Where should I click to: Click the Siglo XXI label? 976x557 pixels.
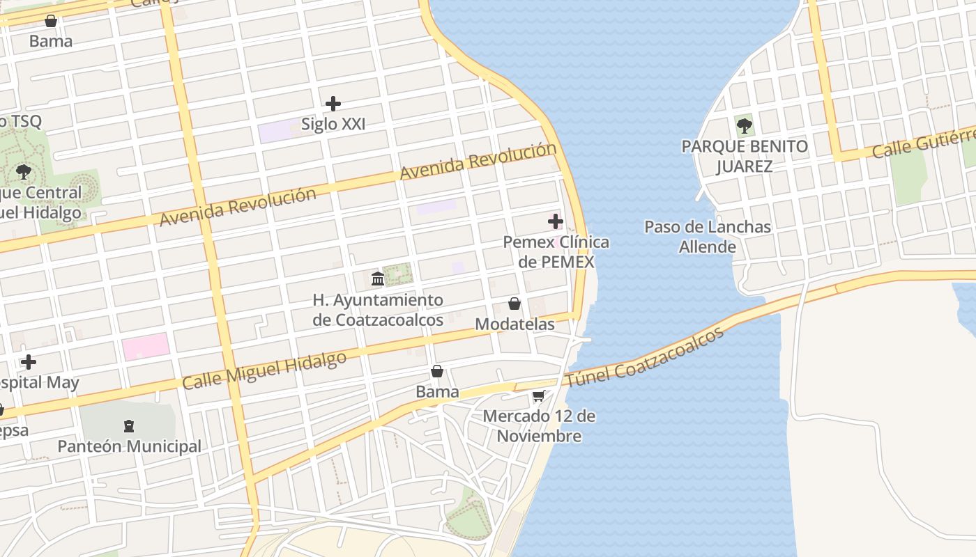point(333,124)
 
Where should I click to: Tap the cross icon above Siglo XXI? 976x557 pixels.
point(333,104)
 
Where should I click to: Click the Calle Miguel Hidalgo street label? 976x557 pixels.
point(264,371)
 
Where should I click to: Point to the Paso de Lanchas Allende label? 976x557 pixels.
point(708,237)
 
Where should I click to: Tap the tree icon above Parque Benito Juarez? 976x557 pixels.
point(745,126)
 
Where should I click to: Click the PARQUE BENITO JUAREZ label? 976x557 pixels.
point(745,156)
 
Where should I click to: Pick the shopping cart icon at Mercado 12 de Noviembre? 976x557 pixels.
point(538,396)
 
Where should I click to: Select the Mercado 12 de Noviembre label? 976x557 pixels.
point(539,426)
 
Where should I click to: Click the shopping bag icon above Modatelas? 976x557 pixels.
point(514,304)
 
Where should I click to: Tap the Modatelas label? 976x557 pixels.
point(514,324)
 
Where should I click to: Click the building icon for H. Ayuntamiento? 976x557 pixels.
point(378,279)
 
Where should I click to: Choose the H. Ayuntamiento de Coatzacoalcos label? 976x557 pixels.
point(378,310)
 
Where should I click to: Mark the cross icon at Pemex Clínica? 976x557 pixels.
point(556,222)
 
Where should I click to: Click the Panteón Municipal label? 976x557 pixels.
point(129,446)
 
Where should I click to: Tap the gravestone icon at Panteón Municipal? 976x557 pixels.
point(128,425)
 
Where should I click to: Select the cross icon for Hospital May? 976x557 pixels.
point(29,362)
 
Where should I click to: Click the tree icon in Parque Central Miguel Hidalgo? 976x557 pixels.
point(24,171)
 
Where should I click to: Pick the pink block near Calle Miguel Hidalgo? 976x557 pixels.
point(146,346)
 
